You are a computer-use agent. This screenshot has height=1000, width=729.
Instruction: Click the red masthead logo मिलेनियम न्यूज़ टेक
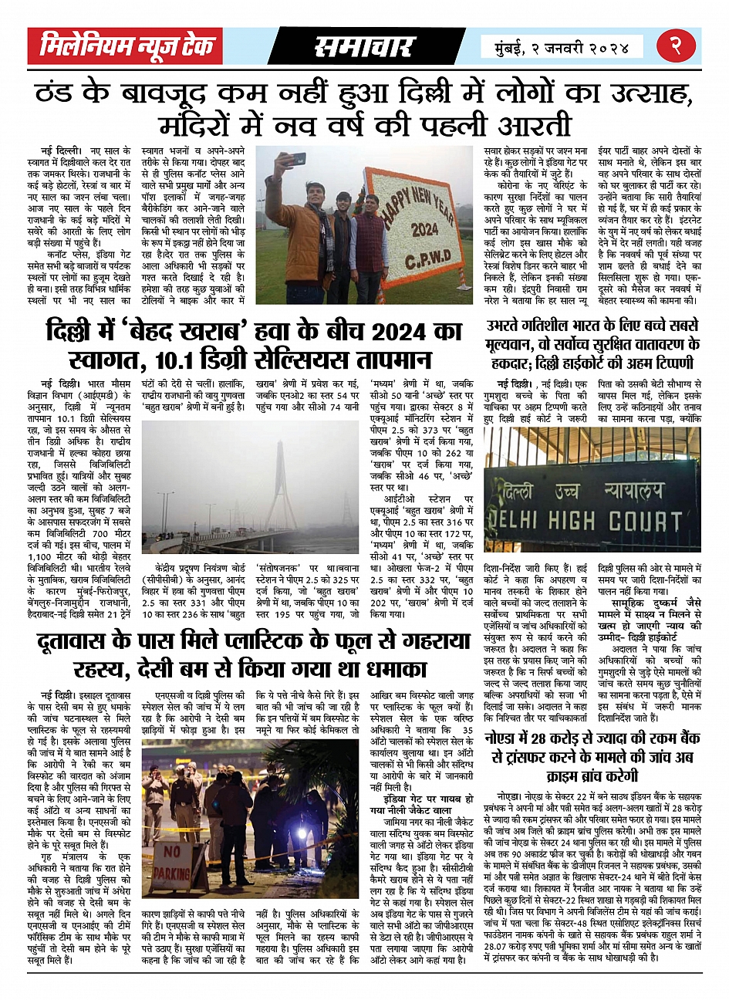[x=127, y=47]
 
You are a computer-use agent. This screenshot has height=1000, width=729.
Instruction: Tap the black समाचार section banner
[x=364, y=47]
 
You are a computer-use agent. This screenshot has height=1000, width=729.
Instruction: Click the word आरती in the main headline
[x=532, y=123]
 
